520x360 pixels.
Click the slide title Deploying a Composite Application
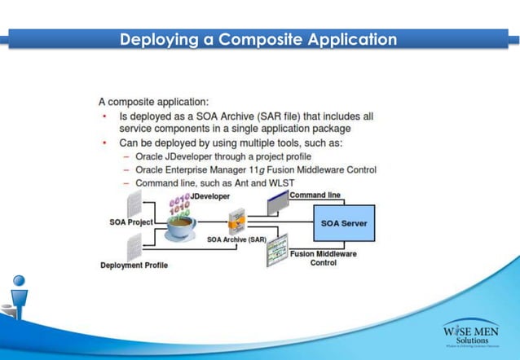(x=258, y=39)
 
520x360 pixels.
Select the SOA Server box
(x=344, y=222)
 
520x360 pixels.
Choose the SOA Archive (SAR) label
(x=236, y=239)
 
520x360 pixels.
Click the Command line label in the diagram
(x=315, y=196)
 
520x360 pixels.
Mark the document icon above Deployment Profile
(x=134, y=245)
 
